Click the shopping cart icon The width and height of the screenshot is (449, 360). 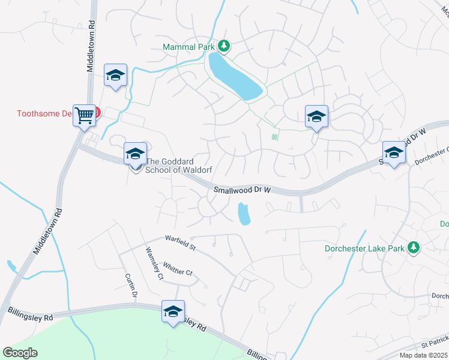[85, 113]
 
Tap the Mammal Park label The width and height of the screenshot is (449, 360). [189, 46]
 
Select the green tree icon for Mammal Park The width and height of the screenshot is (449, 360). [224, 46]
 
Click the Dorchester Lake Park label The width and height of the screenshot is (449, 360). [365, 247]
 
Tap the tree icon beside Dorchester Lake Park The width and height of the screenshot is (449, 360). [413, 247]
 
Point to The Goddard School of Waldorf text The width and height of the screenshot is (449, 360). [180, 165]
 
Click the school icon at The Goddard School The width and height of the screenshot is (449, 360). [135, 154]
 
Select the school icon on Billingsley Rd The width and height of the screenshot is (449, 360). [173, 311]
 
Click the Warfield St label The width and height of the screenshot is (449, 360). [181, 243]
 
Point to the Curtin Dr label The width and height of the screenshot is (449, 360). [131, 286]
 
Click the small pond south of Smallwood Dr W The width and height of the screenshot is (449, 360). [244, 214]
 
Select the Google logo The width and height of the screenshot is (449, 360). [20, 352]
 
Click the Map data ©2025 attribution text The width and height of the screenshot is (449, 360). [423, 355]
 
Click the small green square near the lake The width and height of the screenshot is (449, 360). [275, 137]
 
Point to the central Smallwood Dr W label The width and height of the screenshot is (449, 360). [243, 190]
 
